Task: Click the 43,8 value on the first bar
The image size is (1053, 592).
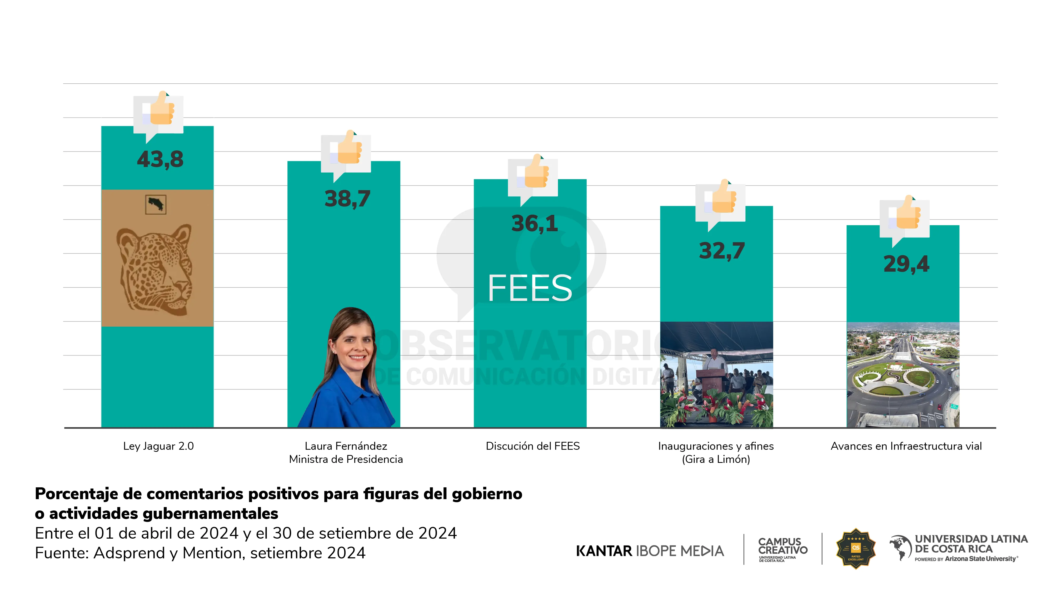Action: click(x=160, y=159)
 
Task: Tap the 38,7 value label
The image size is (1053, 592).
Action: click(x=347, y=199)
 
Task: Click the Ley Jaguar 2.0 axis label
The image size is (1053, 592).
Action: click(x=158, y=446)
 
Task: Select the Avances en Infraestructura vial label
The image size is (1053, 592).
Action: click(x=906, y=446)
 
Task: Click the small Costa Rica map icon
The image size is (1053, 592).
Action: click(x=156, y=204)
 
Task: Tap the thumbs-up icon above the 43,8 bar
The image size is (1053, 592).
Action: click(x=161, y=109)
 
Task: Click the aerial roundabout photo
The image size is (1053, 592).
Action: click(x=902, y=375)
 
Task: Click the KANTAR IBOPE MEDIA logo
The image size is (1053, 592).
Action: click(x=650, y=551)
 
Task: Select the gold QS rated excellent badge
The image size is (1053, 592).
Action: click(x=856, y=549)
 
